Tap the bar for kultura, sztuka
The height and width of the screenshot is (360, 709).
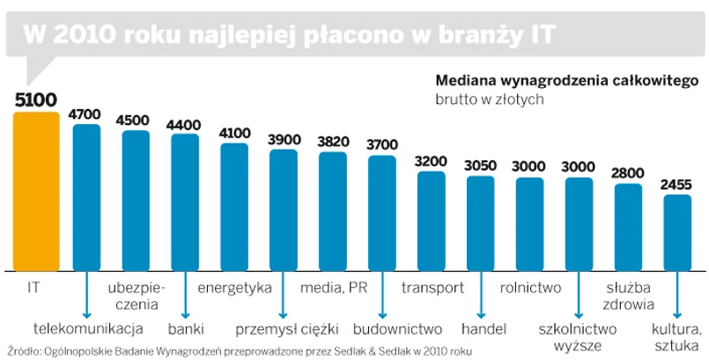(x=677, y=233)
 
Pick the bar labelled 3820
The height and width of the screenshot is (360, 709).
(x=333, y=211)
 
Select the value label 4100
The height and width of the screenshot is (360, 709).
(x=234, y=133)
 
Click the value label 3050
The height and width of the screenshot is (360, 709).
(x=480, y=165)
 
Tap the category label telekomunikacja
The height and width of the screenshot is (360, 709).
(x=87, y=329)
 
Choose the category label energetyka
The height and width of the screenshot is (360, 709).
(x=234, y=288)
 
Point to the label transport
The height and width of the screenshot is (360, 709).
(x=432, y=288)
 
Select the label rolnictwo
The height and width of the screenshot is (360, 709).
(x=530, y=288)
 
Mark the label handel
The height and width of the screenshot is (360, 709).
(x=481, y=329)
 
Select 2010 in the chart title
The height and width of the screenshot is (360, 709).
(x=87, y=33)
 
